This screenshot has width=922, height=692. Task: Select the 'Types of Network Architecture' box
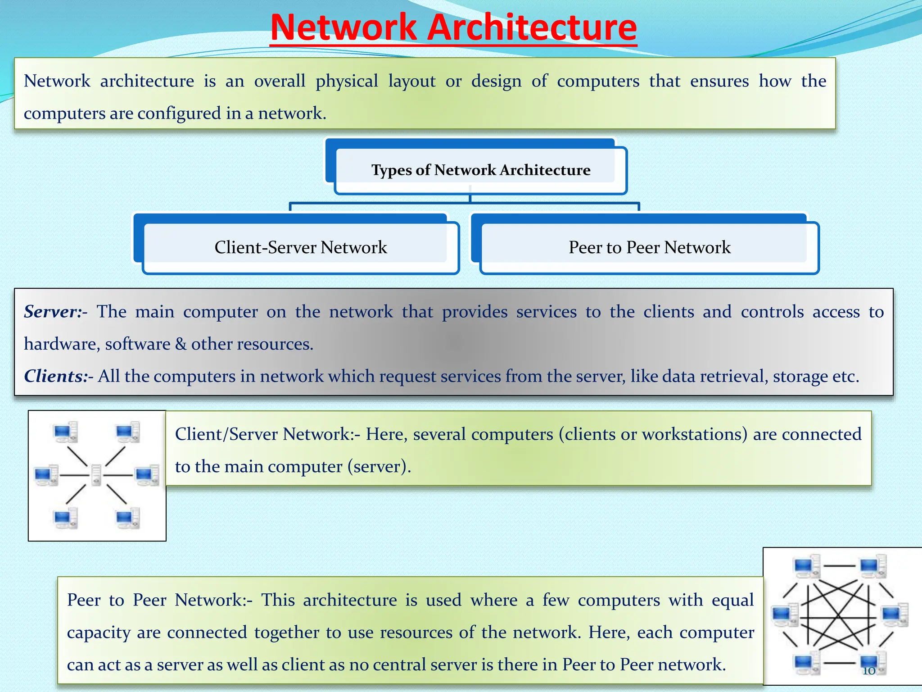point(480,170)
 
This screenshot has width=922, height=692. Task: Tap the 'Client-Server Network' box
point(300,247)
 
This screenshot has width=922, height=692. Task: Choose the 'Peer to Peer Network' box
point(649,247)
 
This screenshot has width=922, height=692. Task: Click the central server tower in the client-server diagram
point(96,475)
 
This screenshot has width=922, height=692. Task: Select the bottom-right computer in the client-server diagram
point(128,518)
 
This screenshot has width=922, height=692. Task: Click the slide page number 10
point(869,671)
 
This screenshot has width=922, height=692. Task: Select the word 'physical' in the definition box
point(347,82)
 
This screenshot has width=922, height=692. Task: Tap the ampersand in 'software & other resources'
point(181,344)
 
